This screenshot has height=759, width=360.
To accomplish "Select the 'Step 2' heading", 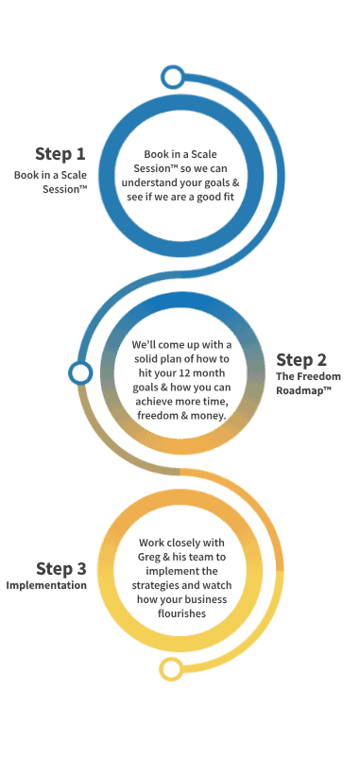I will [x=301, y=359].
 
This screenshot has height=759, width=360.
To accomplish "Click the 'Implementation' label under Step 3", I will [x=46, y=586].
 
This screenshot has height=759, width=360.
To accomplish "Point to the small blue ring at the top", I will [x=172, y=75].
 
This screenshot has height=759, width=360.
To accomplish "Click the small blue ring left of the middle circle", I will [x=80, y=372].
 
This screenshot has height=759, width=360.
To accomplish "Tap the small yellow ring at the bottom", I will [x=171, y=670].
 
